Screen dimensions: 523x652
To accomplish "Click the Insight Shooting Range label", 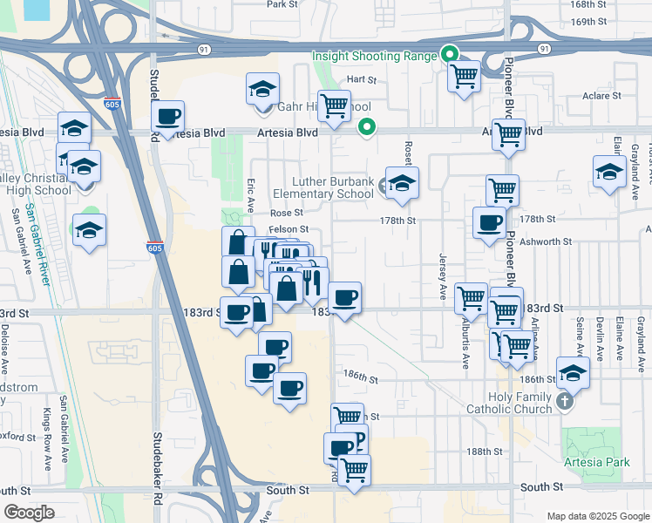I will tap(374, 57).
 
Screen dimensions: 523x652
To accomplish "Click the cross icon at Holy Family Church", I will tap(565, 402).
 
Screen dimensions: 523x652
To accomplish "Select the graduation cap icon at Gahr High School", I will tap(262, 90).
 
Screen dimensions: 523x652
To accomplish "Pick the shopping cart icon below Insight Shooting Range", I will tap(464, 76).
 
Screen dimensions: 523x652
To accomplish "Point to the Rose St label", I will tap(286, 213).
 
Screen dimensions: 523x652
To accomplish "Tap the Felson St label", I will tap(283, 229).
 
